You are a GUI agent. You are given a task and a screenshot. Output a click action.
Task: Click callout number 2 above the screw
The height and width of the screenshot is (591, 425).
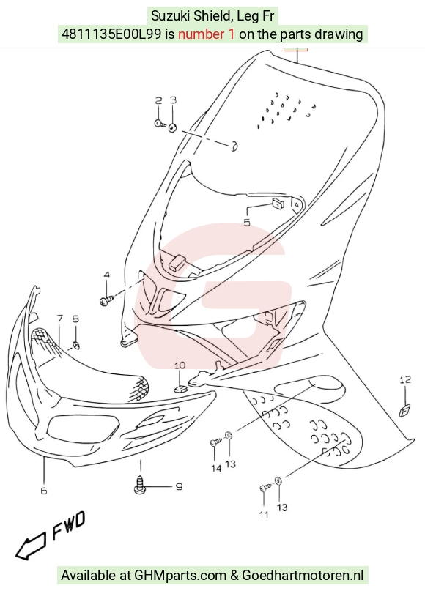point(159,100)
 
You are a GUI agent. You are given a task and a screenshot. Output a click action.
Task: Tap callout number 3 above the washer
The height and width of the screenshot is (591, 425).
point(173,100)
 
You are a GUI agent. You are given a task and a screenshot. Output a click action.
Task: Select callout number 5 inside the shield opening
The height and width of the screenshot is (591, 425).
point(247,223)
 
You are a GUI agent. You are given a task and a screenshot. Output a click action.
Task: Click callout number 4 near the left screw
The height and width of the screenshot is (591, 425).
point(107,275)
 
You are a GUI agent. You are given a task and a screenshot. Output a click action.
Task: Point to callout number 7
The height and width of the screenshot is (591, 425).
point(60,319)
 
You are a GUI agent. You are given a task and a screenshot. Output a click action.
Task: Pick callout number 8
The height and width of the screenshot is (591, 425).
point(75,319)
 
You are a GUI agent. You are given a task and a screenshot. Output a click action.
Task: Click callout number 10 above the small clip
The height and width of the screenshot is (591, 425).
point(180,365)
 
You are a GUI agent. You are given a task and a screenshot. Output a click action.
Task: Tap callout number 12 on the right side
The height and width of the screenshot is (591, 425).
point(405,380)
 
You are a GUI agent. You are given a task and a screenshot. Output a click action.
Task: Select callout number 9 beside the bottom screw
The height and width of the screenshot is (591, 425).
point(179,486)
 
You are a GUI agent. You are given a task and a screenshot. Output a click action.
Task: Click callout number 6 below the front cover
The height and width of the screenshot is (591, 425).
point(44,491)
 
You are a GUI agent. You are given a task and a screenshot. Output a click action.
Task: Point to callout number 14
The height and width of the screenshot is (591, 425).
point(216,469)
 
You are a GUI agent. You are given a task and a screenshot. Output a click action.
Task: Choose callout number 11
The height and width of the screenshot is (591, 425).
point(264,515)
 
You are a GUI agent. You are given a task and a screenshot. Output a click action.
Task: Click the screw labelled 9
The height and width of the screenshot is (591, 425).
point(140,484)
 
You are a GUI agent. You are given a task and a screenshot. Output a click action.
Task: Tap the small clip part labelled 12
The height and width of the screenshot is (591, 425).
point(405,410)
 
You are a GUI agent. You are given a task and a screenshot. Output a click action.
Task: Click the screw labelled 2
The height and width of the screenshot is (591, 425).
point(160,123)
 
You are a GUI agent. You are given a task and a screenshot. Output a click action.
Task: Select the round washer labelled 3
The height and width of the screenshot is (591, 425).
point(172,127)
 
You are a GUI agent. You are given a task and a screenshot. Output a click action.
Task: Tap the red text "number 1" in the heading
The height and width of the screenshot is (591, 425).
point(206,34)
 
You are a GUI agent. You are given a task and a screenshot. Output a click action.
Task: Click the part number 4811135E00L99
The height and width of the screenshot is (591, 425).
point(111,34)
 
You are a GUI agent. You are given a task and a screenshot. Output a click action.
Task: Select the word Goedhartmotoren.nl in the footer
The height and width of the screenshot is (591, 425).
point(303,576)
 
